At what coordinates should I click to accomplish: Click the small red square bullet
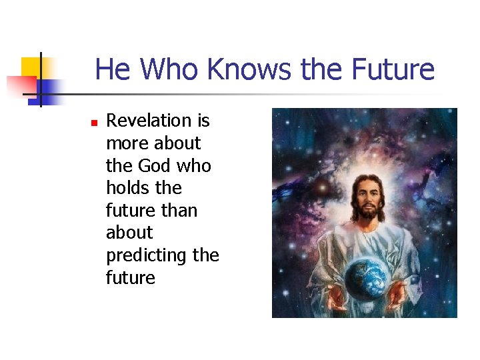[x=94, y=123]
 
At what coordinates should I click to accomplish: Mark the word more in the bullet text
[x=127, y=143]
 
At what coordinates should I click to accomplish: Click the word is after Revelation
[x=203, y=121]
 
